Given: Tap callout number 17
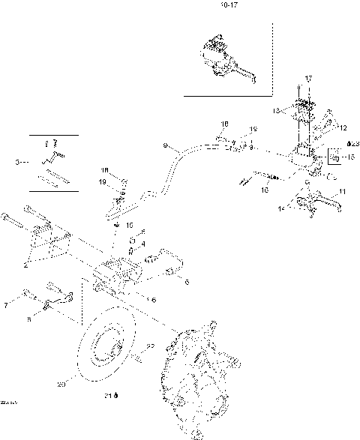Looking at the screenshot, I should pos(307,79).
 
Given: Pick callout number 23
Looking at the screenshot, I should pos(352,143).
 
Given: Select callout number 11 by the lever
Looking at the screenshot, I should pos(343,193).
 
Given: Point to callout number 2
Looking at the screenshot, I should pos(27,264).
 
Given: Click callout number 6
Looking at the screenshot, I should pos(187,282).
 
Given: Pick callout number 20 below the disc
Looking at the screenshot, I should pos(61,385).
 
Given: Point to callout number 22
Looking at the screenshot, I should pos(150,346).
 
